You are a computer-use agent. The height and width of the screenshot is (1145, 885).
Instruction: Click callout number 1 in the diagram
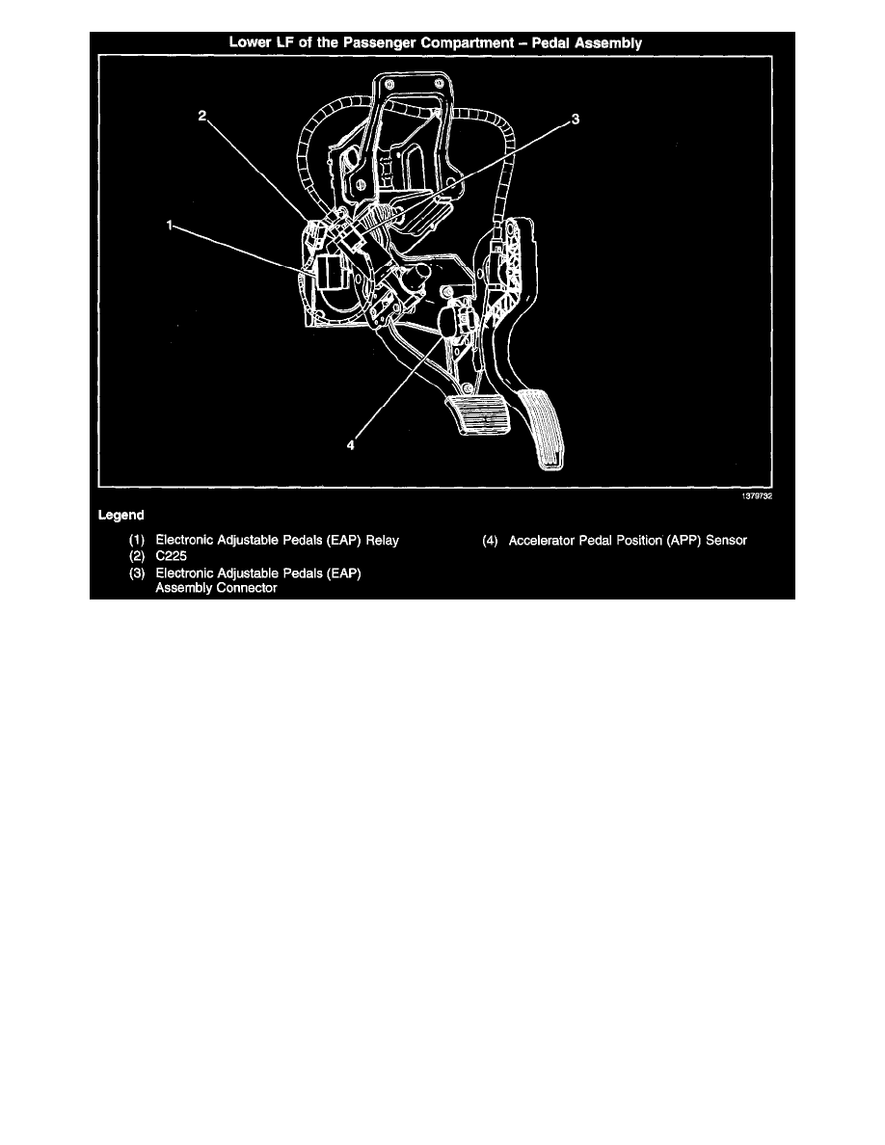pos(169,225)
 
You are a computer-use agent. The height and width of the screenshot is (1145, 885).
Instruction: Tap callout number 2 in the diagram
pos(202,117)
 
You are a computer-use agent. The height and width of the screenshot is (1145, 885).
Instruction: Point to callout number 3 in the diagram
pos(575,119)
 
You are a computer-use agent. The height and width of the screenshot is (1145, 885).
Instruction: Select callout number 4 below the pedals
pos(352,445)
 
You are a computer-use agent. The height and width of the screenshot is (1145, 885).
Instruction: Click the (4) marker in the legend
pos(493,541)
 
